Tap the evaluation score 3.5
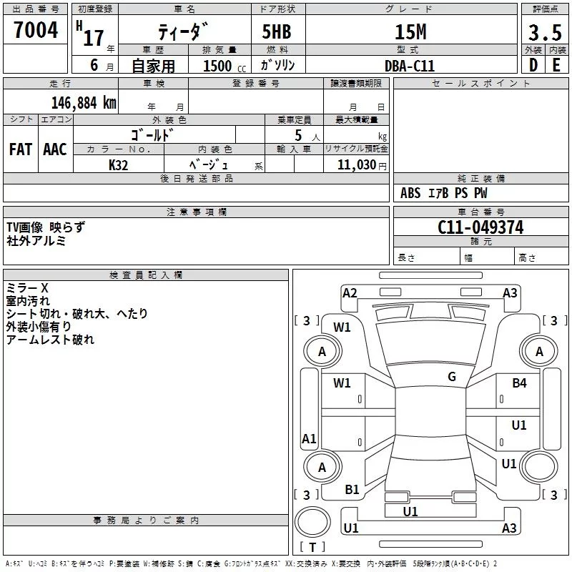point(545,33)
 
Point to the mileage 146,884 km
point(84,102)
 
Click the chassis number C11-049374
point(480,227)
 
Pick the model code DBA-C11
point(409,66)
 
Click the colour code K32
point(119,164)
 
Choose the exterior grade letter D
point(533,65)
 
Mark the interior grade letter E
point(556,65)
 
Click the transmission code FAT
point(21,149)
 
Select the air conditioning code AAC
point(55,149)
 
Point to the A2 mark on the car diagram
point(350,292)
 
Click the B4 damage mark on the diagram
point(519,383)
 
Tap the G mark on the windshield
point(452,376)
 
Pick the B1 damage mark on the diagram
point(352,490)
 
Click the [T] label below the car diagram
point(312,547)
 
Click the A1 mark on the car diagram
point(309,439)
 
